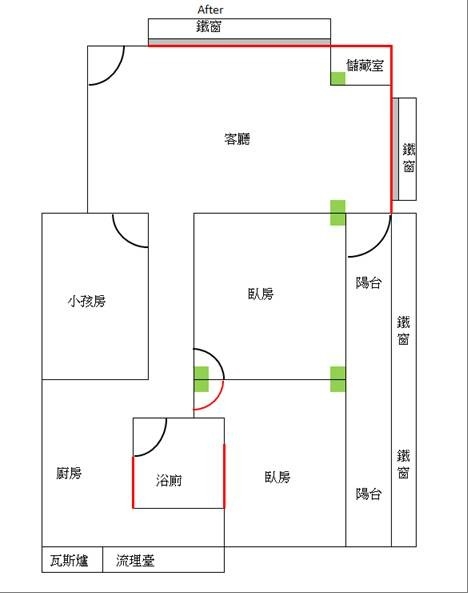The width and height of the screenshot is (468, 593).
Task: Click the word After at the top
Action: (210, 9)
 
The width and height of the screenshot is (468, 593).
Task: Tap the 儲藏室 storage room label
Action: (365, 65)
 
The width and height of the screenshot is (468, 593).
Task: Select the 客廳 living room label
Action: (237, 139)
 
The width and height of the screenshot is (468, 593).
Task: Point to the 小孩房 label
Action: (87, 301)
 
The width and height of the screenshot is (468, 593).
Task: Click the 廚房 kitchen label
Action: (69, 473)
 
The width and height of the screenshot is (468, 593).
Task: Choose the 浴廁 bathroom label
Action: (169, 480)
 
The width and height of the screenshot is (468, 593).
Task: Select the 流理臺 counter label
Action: (135, 560)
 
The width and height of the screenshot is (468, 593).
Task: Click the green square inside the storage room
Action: (338, 78)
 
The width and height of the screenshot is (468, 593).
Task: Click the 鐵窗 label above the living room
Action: (208, 26)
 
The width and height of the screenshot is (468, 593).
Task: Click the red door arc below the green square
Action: (215, 402)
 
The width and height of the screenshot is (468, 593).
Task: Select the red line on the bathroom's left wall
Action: (133, 482)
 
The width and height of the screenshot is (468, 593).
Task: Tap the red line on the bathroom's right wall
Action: (224, 476)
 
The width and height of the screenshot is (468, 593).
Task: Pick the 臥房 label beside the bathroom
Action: (277, 477)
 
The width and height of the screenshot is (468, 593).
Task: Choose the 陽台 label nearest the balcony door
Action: (368, 283)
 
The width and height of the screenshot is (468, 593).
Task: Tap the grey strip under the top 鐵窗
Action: (239, 41)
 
